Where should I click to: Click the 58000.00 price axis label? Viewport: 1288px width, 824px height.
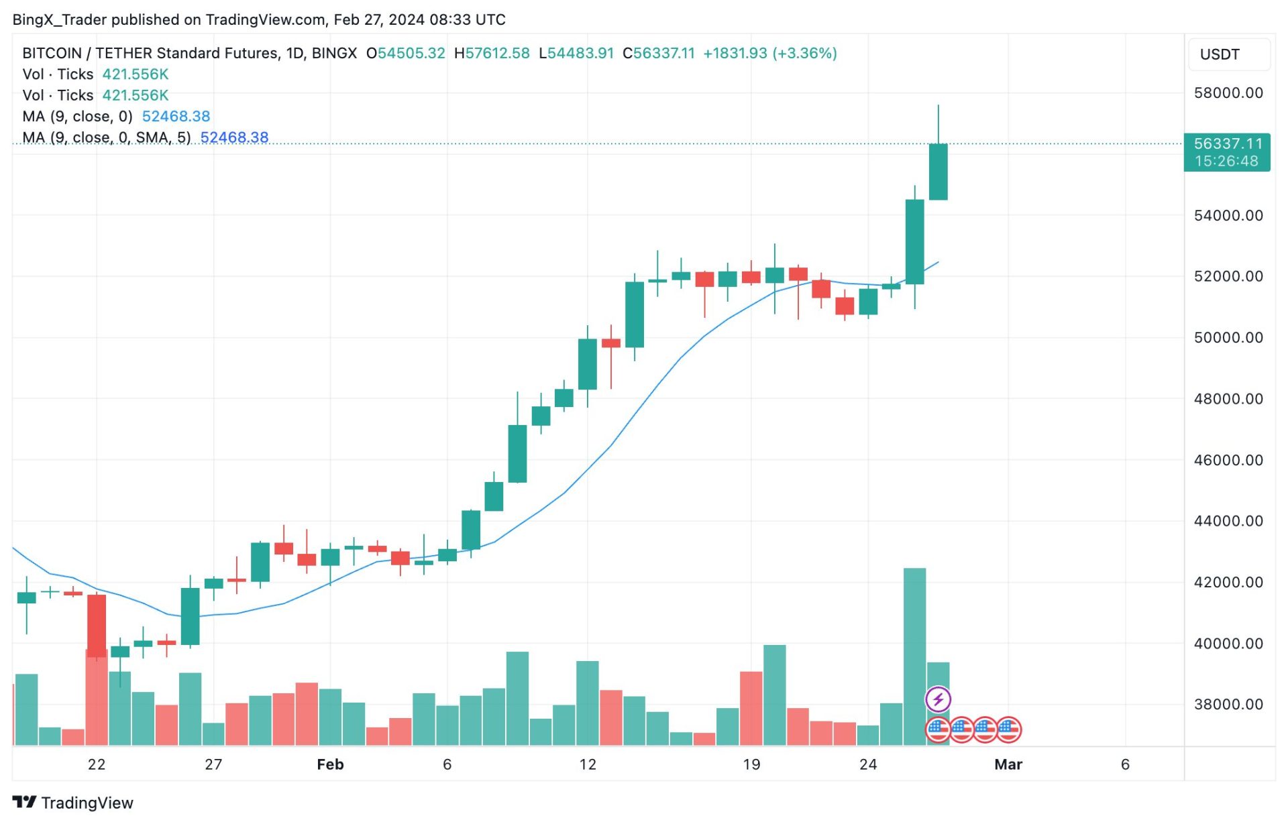pyautogui.click(x=1228, y=93)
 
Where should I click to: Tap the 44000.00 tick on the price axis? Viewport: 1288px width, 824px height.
pyautogui.click(x=1228, y=521)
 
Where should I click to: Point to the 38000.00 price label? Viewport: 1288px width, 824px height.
pyautogui.click(x=1228, y=704)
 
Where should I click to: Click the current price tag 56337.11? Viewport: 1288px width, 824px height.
pyautogui.click(x=1227, y=144)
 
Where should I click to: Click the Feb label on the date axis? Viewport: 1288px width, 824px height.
pyautogui.click(x=330, y=764)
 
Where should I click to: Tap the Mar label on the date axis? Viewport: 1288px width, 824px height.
pyautogui.click(x=1008, y=764)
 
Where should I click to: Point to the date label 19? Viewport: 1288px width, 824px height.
pyautogui.click(x=751, y=764)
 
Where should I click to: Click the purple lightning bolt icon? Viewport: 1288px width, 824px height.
pyautogui.click(x=938, y=700)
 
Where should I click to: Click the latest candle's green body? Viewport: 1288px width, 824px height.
pyautogui.click(x=938, y=172)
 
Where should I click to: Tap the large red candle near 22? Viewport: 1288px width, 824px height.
pyautogui.click(x=97, y=625)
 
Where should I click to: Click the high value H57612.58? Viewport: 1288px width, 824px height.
pyautogui.click(x=492, y=54)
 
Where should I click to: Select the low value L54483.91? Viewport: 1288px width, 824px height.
pyautogui.click(x=576, y=54)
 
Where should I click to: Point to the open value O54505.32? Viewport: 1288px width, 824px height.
pyautogui.click(x=405, y=54)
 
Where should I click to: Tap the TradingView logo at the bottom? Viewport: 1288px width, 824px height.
pyautogui.click(x=73, y=803)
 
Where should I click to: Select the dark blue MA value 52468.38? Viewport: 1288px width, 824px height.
pyautogui.click(x=234, y=137)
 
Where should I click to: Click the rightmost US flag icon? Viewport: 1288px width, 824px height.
pyautogui.click(x=1008, y=729)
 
